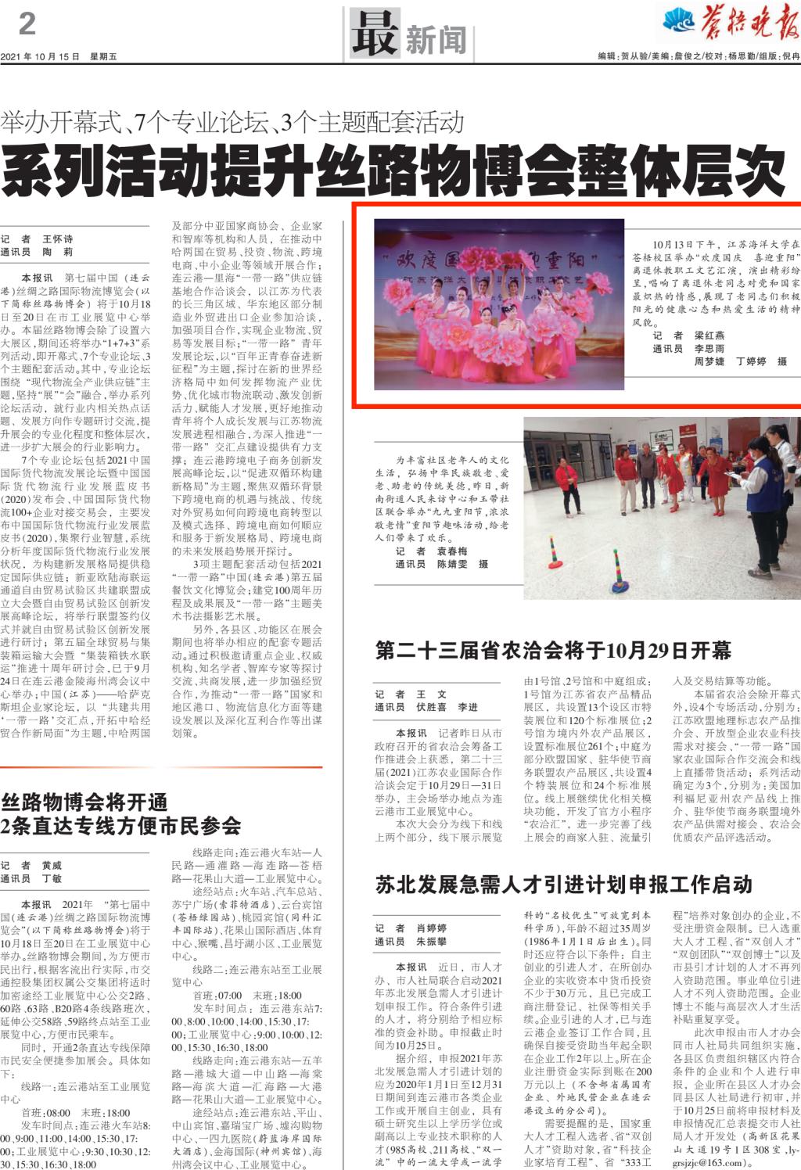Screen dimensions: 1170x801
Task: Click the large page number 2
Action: coord(27,24)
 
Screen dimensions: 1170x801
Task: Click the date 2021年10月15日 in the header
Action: coord(41,57)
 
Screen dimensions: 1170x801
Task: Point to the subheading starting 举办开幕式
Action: coord(233,123)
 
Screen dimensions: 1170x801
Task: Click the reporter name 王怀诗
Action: coord(58,239)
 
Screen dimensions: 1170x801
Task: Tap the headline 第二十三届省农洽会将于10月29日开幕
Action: coord(553,651)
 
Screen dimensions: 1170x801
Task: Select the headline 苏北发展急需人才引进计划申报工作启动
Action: coord(563,885)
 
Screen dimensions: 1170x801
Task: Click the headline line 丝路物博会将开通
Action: coord(84,802)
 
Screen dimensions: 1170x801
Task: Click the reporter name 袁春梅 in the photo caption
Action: coord(451,551)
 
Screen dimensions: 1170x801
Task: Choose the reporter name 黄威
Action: coord(52,866)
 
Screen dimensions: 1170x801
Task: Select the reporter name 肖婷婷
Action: coord(431,928)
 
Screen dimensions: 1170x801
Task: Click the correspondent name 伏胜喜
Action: coord(431,707)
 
